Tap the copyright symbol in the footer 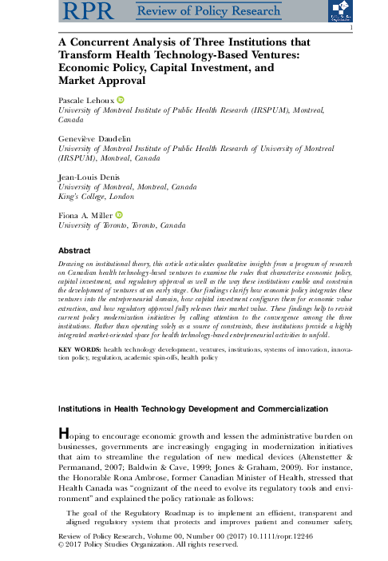pos(62,547)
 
